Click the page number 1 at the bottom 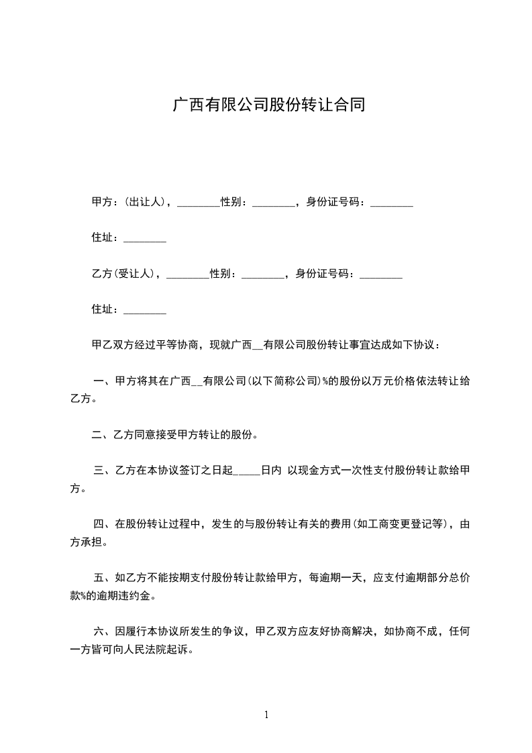[266, 715]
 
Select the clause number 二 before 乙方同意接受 [97, 435]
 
